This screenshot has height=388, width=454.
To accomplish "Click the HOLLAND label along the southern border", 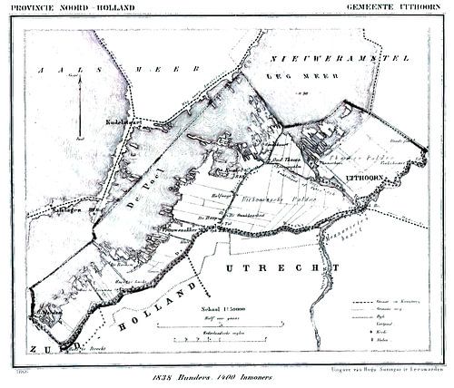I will (x=163, y=308).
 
